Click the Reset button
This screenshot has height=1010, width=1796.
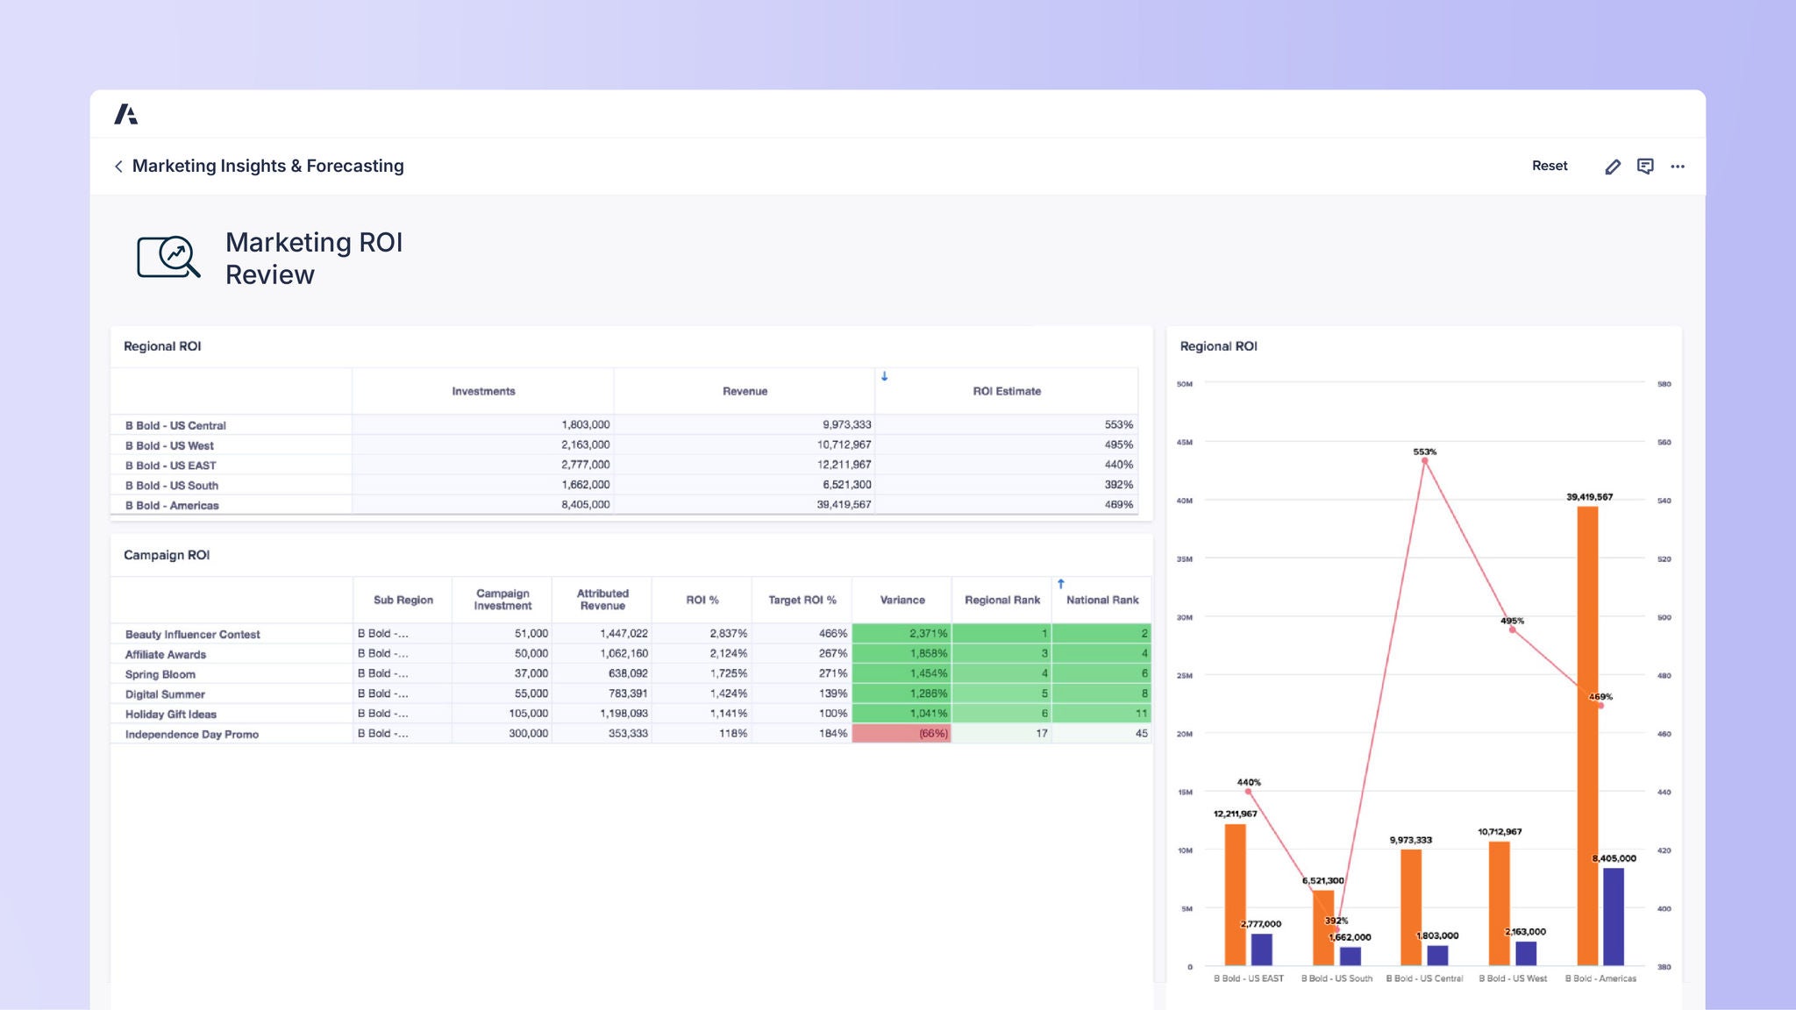tap(1549, 166)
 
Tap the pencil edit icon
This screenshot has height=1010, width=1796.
tap(1613, 167)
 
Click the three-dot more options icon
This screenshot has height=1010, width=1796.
tap(1677, 167)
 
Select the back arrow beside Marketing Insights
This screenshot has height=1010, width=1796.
tap(118, 167)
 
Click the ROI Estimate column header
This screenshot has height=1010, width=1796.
tap(1006, 391)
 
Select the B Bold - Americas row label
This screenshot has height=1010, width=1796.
tap(172, 505)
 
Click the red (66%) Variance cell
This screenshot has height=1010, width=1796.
tap(902, 733)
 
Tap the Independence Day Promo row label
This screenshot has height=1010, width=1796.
tap(191, 734)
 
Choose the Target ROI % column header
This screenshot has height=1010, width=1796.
tap(802, 600)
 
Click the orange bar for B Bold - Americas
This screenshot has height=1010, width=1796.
tap(1586, 736)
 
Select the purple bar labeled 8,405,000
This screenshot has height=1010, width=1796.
tap(1613, 916)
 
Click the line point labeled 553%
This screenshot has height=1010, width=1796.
tap(1425, 460)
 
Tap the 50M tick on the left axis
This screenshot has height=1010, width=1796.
tap(1184, 384)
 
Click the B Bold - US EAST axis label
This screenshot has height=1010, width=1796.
tap(1248, 978)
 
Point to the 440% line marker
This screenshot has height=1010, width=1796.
tap(1248, 792)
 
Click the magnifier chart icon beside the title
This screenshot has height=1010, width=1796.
tap(168, 257)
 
